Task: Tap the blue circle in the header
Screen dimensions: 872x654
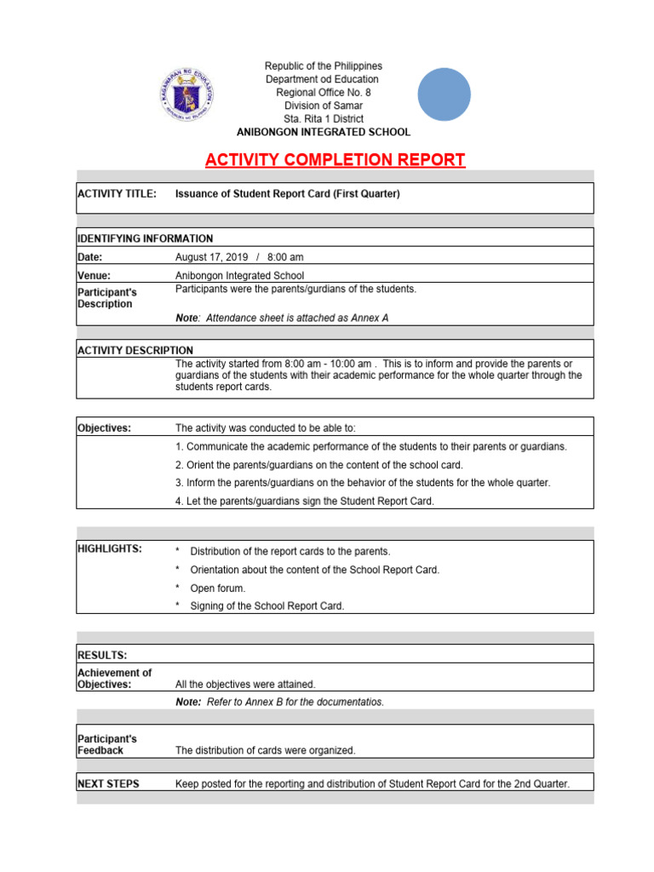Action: tap(444, 95)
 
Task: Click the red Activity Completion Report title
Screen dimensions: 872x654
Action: tap(335, 160)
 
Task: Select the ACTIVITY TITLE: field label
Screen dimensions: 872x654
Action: tap(117, 194)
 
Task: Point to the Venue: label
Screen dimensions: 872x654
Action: tap(95, 275)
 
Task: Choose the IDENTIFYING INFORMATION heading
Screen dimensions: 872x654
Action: tap(145, 238)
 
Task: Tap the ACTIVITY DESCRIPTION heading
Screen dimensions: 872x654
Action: tap(135, 350)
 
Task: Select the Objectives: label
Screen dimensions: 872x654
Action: tap(104, 428)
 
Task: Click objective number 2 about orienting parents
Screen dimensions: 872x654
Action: tap(318, 464)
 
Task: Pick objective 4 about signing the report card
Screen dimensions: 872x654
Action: tap(304, 502)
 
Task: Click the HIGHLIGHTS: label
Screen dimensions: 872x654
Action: tap(110, 549)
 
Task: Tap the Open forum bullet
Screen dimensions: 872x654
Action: tap(217, 588)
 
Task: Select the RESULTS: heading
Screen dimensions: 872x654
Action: tap(102, 655)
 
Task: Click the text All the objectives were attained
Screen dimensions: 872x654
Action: tap(245, 684)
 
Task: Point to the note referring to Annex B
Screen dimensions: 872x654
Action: tap(279, 702)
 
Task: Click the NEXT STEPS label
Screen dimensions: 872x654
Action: tap(108, 783)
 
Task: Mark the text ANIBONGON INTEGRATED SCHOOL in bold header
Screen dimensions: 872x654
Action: tap(323, 132)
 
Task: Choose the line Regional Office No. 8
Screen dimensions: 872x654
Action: tap(323, 92)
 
